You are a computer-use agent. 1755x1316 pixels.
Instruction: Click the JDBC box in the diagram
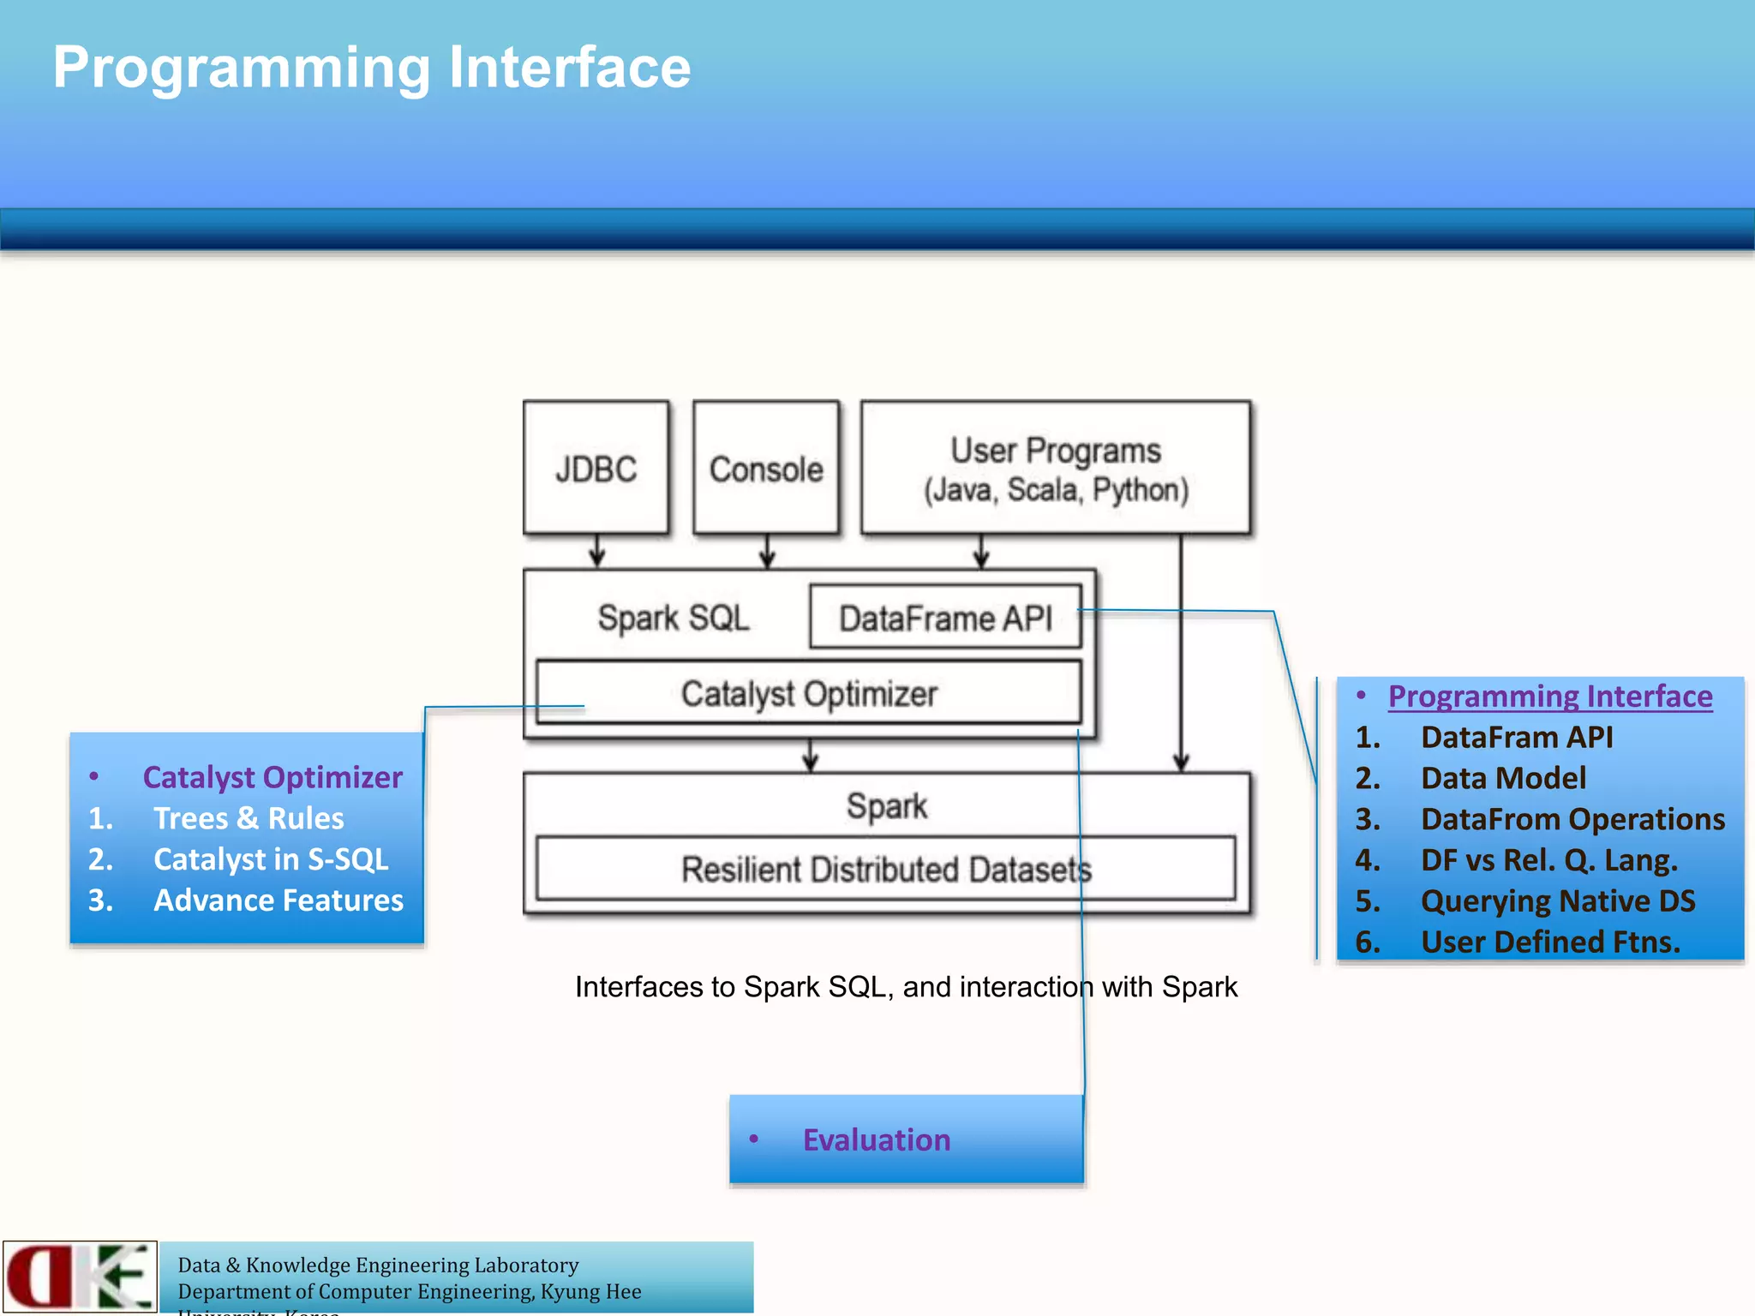click(x=596, y=469)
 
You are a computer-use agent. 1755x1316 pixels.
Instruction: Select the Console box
click(x=765, y=469)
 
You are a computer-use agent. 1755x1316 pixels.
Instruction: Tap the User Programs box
click(x=1055, y=469)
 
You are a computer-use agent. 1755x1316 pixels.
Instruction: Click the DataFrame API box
click(x=945, y=618)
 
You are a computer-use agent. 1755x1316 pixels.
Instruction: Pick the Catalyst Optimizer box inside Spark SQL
click(x=808, y=693)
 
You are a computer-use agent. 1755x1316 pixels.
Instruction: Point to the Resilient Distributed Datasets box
click(x=885, y=869)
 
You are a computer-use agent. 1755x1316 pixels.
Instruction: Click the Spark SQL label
click(x=674, y=618)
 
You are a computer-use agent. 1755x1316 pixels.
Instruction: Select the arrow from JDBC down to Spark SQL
click(x=597, y=551)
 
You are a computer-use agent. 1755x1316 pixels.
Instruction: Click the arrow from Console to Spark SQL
click(x=767, y=551)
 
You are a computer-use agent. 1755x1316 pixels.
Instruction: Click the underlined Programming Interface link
click(x=1549, y=696)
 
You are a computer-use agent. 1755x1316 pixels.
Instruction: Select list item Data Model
click(x=1503, y=778)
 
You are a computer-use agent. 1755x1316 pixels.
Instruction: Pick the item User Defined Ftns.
click(x=1549, y=942)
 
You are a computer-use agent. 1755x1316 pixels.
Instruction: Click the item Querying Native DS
click(x=1557, y=900)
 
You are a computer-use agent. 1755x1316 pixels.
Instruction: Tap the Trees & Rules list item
click(x=249, y=818)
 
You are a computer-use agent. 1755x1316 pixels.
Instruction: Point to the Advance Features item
click(x=278, y=900)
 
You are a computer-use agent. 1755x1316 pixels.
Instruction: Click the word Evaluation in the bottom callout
click(x=876, y=1140)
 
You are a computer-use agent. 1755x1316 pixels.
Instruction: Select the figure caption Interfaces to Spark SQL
click(x=906, y=987)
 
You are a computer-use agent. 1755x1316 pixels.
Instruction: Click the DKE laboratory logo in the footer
click(x=80, y=1276)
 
